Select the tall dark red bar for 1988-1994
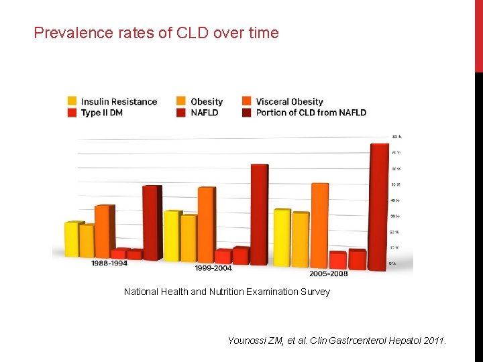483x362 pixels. pyautogui.click(x=152, y=223)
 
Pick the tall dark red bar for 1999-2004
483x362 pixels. pyautogui.click(x=259, y=215)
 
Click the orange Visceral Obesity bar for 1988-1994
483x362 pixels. pyautogui.click(x=104, y=231)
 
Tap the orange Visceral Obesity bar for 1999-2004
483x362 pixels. pyautogui.click(x=206, y=225)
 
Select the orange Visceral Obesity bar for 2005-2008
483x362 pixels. pyautogui.click(x=320, y=225)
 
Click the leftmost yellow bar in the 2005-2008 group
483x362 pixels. pyautogui.click(x=282, y=237)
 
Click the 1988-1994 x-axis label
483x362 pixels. pyautogui.click(x=109, y=263)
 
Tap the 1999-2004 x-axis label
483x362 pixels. pyautogui.click(x=213, y=268)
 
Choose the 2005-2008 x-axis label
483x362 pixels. pyautogui.click(x=328, y=274)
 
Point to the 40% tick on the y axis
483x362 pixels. pyautogui.click(x=395, y=200)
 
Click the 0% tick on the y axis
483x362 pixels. pyautogui.click(x=392, y=263)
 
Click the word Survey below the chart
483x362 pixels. pyautogui.click(x=315, y=292)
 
